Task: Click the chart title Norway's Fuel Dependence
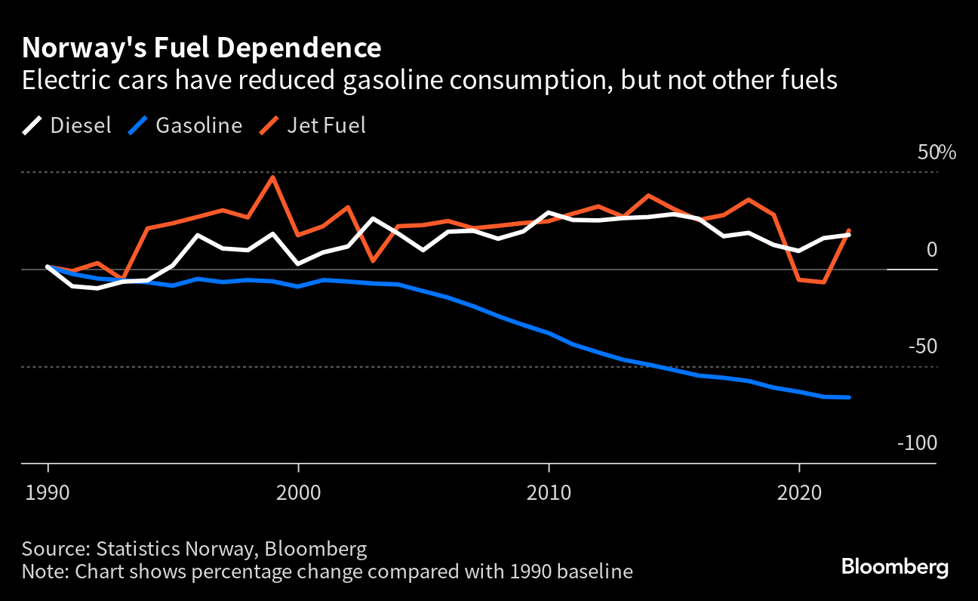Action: [x=201, y=48]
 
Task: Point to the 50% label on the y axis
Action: [x=936, y=153]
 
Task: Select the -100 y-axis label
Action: [x=917, y=443]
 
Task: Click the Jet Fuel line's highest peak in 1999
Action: [x=273, y=177]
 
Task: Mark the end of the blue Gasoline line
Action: [x=849, y=397]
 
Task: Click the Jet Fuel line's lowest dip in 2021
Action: [x=824, y=282]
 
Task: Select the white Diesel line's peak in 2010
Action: [x=549, y=213]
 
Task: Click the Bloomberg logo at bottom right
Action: [x=895, y=566]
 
